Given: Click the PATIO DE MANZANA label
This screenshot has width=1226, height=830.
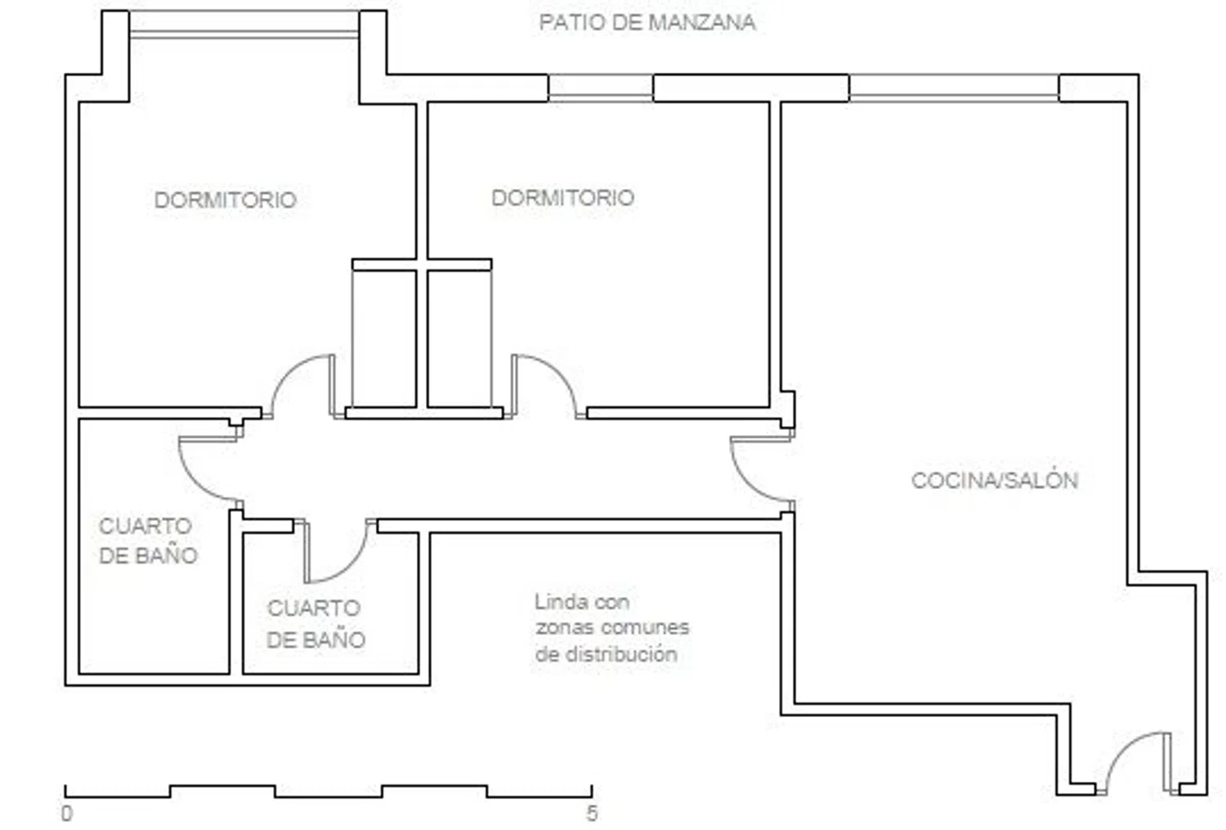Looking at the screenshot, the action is [647, 22].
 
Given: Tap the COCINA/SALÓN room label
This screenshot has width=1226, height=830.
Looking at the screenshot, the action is [995, 480].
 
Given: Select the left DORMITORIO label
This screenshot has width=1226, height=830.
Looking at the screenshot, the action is [225, 200].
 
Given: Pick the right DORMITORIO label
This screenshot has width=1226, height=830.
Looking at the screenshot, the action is [562, 198].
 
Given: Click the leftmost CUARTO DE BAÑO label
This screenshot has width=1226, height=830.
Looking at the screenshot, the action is [148, 541].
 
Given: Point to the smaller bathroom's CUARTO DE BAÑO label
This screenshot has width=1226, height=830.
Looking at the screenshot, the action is [315, 624].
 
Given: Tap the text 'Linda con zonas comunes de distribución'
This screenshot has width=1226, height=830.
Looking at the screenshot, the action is [612, 627].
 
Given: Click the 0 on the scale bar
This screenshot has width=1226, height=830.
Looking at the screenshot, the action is [67, 814].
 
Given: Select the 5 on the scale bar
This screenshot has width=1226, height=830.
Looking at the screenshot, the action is [592, 814].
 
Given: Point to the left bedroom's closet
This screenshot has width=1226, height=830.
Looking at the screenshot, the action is [384, 339].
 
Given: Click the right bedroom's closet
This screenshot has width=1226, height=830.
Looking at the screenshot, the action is [459, 339].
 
